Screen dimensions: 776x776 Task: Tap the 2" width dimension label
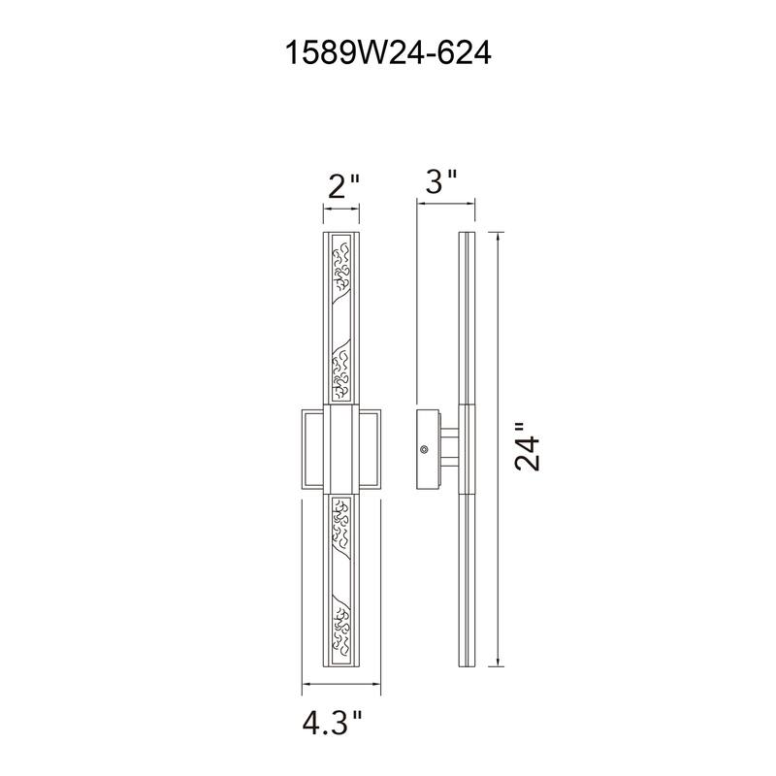[x=342, y=184]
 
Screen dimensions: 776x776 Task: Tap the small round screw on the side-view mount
[x=423, y=450]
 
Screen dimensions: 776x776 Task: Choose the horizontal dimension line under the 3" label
[x=446, y=204]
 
